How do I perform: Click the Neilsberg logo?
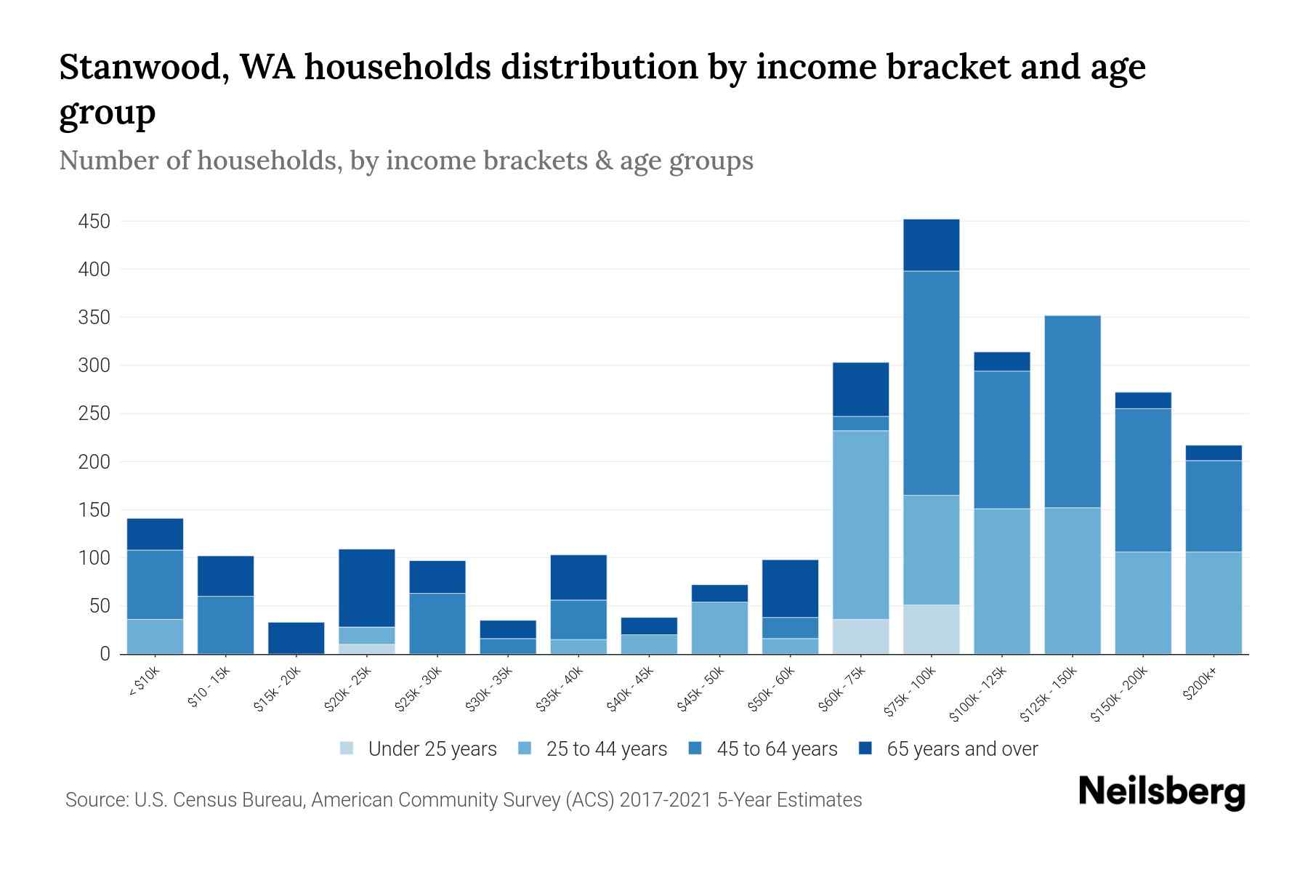[1161, 792]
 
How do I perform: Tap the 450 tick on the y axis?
[94, 221]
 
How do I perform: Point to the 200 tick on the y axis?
[94, 461]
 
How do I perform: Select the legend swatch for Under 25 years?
[347, 748]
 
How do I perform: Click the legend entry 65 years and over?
[961, 748]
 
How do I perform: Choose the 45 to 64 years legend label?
[776, 748]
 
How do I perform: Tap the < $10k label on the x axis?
[145, 683]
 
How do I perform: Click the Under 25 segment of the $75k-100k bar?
[931, 629]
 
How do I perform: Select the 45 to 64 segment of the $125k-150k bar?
[1072, 411]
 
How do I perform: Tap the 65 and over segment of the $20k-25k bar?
[367, 587]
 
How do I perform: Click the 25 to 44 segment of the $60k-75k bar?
[860, 525]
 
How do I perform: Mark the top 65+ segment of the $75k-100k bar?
[931, 245]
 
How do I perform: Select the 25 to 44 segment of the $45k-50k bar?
[719, 628]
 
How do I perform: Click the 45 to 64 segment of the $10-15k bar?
[226, 625]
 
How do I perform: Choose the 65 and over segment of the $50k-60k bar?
[790, 588]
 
